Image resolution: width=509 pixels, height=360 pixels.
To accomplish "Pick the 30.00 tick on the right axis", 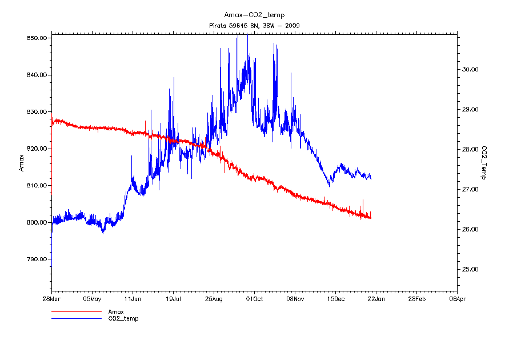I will [470, 69].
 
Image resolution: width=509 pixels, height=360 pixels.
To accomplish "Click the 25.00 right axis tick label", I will [470, 269].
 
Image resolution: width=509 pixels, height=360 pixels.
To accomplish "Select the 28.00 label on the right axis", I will [470, 149].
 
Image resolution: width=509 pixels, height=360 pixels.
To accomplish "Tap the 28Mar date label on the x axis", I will [51, 298].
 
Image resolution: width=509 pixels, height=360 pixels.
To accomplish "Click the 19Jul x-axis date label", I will [173, 298].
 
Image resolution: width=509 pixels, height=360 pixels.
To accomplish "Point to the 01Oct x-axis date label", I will [254, 298].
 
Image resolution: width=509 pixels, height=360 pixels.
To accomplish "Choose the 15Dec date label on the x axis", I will [335, 298].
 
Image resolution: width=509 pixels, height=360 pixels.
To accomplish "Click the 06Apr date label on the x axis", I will [456, 298].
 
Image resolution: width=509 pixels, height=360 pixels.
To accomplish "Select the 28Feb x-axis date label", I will [416, 298].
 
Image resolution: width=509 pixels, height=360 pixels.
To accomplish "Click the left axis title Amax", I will [22, 163].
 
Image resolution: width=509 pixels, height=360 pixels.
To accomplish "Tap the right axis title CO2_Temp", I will [484, 162].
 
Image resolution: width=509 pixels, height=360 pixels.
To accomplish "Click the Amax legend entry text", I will [116, 311].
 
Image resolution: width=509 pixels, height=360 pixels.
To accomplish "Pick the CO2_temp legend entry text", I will [123, 318].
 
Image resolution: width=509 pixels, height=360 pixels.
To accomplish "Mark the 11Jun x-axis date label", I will [133, 298].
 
